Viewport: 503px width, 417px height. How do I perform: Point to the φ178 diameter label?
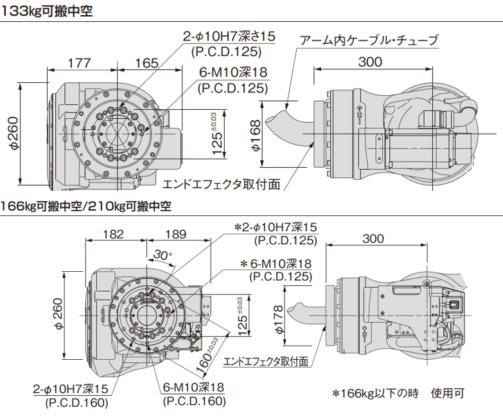[x=278, y=319]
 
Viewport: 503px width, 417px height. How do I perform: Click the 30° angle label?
[x=163, y=255]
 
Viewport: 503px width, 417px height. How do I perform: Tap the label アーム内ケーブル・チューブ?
[x=369, y=40]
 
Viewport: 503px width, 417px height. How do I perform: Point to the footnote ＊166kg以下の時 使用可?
[x=398, y=393]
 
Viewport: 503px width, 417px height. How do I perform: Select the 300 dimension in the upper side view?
[x=369, y=62]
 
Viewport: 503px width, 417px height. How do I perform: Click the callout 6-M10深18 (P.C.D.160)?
[x=193, y=394]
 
